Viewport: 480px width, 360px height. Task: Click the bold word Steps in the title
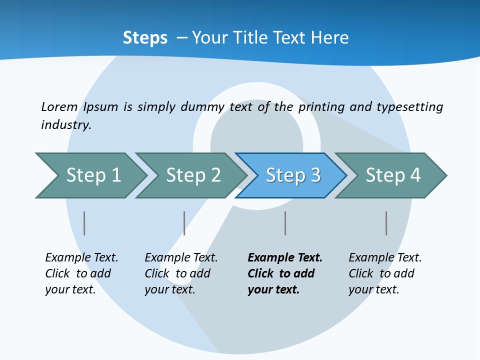tap(145, 38)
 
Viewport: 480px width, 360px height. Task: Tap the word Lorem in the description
tap(59, 106)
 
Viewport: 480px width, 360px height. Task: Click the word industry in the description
tap(65, 125)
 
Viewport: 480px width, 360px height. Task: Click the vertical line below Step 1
tap(84, 223)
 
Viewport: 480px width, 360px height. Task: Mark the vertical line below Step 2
tap(184, 223)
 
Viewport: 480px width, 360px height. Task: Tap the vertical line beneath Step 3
tap(285, 223)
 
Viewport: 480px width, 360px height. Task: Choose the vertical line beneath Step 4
tap(386, 223)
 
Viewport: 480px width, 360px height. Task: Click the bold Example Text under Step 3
tap(285, 258)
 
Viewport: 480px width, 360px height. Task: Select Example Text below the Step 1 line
tap(81, 258)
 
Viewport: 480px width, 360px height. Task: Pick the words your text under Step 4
tap(373, 289)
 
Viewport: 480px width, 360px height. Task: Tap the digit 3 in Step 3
tap(315, 175)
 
